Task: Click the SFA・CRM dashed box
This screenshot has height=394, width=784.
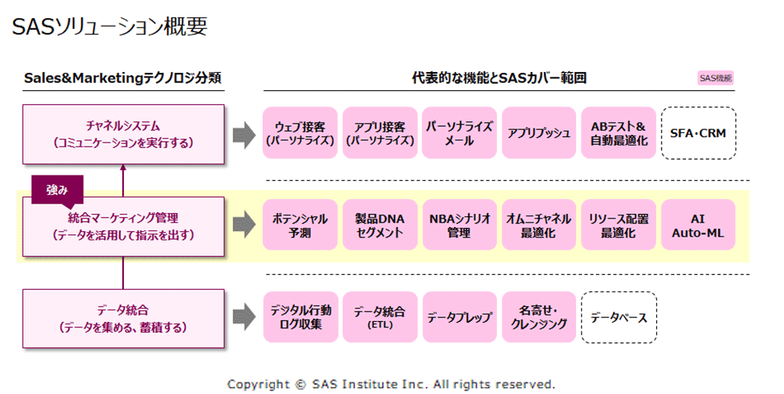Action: pyautogui.click(x=699, y=133)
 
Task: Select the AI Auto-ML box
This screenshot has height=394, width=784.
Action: pyautogui.click(x=698, y=225)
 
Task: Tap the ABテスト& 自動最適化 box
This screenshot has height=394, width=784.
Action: pyautogui.click(x=619, y=133)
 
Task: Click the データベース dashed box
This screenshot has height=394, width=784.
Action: pyautogui.click(x=619, y=317)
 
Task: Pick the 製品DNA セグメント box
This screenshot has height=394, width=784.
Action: pyautogui.click(x=380, y=225)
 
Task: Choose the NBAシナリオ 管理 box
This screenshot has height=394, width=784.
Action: pyautogui.click(x=459, y=225)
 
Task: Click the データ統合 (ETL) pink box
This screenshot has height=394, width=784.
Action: pyautogui.click(x=380, y=317)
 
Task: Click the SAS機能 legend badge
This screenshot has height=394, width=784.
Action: pyautogui.click(x=716, y=78)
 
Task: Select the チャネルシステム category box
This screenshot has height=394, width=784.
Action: pyautogui.click(x=124, y=134)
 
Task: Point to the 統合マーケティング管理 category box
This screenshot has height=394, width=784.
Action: pyautogui.click(x=124, y=226)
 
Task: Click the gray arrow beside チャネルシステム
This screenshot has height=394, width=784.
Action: pyautogui.click(x=244, y=134)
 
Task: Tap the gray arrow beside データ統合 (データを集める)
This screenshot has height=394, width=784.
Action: pyautogui.click(x=244, y=316)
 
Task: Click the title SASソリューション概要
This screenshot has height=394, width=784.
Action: pyautogui.click(x=110, y=27)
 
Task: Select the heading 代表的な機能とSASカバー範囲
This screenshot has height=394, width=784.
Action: pyautogui.click(x=499, y=78)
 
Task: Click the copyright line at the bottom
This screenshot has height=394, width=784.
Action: pyautogui.click(x=391, y=384)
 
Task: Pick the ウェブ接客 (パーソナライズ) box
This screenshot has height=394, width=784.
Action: pyautogui.click(x=300, y=133)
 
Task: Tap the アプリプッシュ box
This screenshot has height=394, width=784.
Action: pyautogui.click(x=539, y=133)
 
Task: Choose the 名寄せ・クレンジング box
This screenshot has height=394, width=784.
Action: pyautogui.click(x=539, y=317)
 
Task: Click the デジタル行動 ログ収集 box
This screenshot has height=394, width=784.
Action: pyautogui.click(x=300, y=317)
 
